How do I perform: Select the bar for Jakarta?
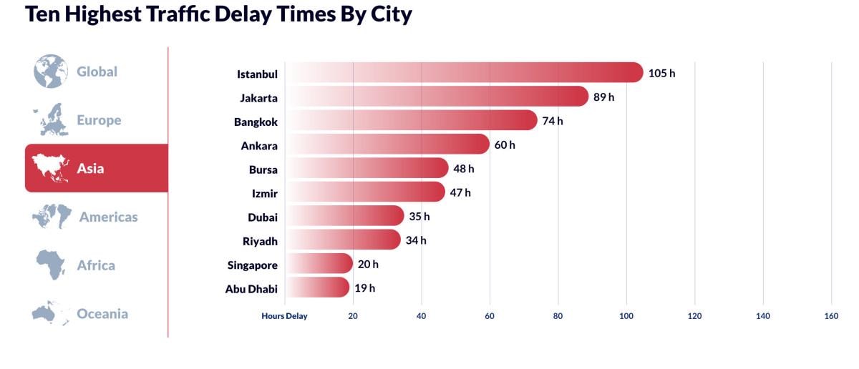[x=437, y=97]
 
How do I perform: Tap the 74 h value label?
[x=553, y=121]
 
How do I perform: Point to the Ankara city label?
[x=259, y=146]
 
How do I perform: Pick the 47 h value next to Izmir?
[x=460, y=192]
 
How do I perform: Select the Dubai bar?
[x=344, y=216]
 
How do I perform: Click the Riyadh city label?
[x=260, y=241]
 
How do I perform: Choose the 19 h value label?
[x=364, y=288]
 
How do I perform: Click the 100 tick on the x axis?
[x=626, y=315]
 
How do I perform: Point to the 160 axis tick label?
[x=831, y=315]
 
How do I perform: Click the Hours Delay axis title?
[x=284, y=315]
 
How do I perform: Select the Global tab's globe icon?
[x=50, y=72]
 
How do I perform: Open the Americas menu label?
[x=108, y=217]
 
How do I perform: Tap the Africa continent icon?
[x=51, y=265]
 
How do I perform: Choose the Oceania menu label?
[x=102, y=313]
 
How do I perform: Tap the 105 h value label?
[x=661, y=73]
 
